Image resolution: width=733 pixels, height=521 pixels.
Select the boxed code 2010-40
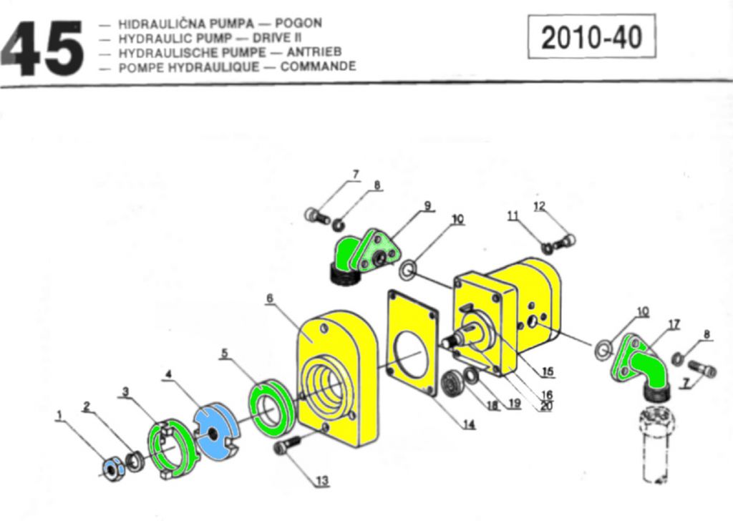[591, 37]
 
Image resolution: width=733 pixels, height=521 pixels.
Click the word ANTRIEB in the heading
[314, 52]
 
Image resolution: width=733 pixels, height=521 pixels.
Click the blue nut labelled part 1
[113, 467]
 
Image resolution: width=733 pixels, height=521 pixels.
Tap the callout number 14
[468, 424]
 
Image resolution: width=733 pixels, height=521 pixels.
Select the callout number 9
[427, 205]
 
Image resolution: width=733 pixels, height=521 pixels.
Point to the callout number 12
[539, 206]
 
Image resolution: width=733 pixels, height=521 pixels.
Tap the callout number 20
[547, 409]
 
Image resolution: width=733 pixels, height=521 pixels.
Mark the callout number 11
[513, 215]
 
